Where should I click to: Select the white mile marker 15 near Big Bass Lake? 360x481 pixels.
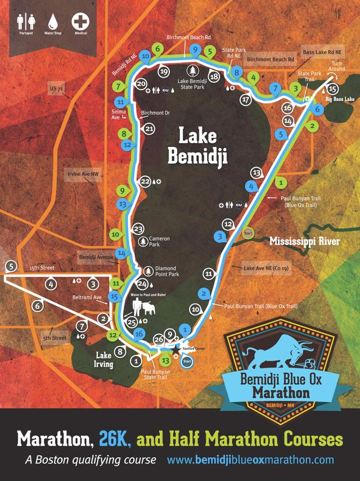point(332,89)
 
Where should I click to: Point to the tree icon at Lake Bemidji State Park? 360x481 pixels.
point(193,70)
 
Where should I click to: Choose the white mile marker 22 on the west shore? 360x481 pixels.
point(145,181)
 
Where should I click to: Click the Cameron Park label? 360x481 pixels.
point(159,242)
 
